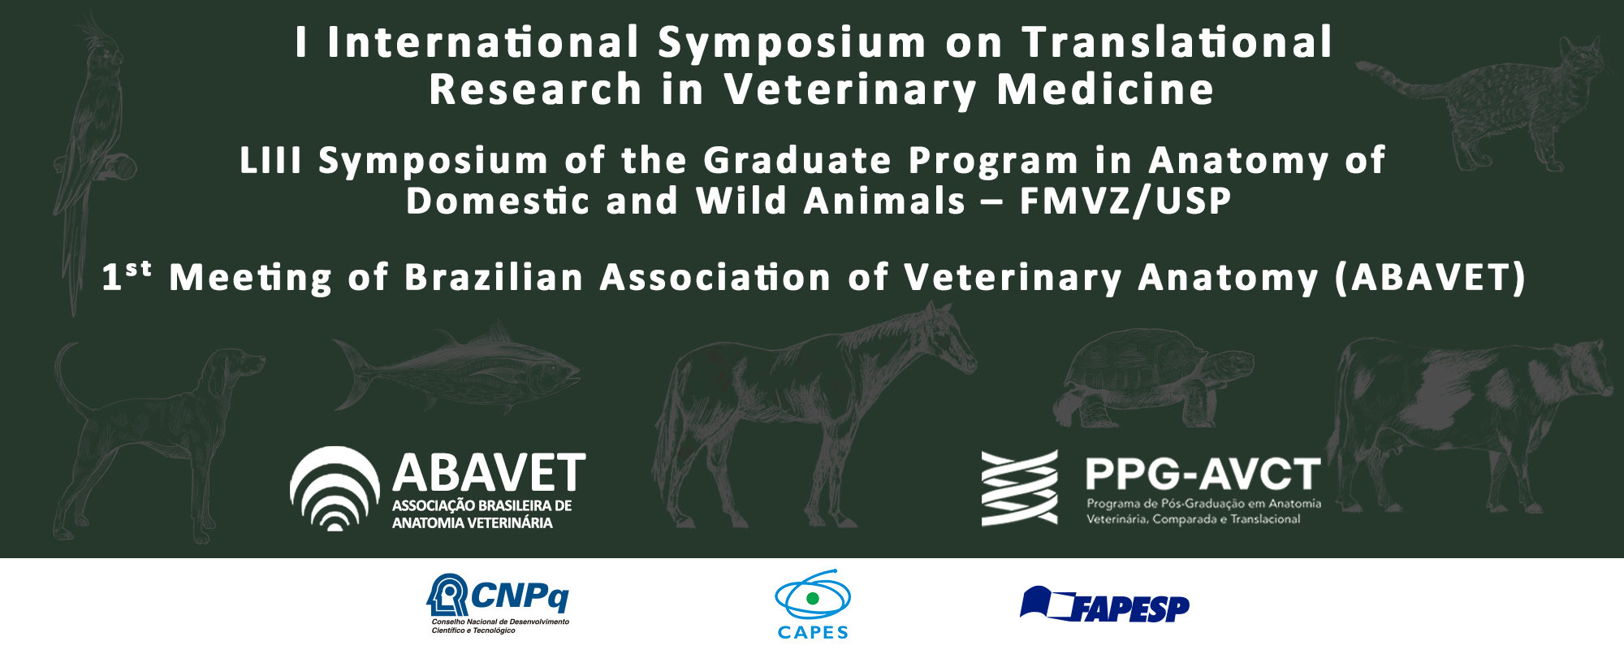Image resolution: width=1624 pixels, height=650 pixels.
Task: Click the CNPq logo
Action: pos(498,603)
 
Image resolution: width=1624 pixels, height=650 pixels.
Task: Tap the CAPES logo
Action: pos(813,604)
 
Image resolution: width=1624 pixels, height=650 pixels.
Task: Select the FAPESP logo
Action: pos(1104,605)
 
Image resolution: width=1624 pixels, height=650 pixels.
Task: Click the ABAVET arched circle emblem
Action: pos(335,488)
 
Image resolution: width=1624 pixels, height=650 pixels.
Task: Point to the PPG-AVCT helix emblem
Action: pos(1020,487)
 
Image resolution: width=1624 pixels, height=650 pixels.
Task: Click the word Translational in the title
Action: pos(1177,42)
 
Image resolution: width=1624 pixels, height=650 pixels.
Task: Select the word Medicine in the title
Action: pos(1105,89)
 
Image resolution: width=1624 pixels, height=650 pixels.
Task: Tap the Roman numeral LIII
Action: pos(270,161)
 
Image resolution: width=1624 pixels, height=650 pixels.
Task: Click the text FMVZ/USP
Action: pos(1125,201)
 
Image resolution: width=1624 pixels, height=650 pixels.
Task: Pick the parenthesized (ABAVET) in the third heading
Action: pos(1431,278)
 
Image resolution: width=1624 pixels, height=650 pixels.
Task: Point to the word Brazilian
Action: pos(495,278)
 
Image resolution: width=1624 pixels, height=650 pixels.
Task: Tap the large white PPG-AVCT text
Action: pos(1203,474)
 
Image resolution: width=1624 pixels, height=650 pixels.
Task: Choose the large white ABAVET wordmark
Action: pos(489,473)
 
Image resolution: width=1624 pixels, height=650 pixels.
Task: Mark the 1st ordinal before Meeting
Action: pos(126,276)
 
